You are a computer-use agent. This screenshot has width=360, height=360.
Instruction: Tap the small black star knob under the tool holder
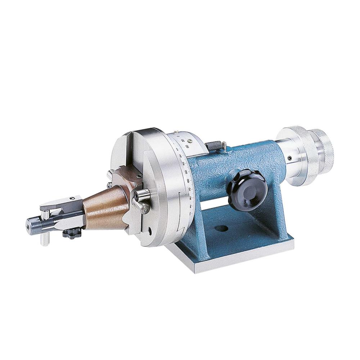(x=72, y=234)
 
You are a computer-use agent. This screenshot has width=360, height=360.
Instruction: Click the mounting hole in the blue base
(x=222, y=228)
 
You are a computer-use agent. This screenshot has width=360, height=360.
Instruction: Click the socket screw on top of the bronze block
(x=138, y=176)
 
